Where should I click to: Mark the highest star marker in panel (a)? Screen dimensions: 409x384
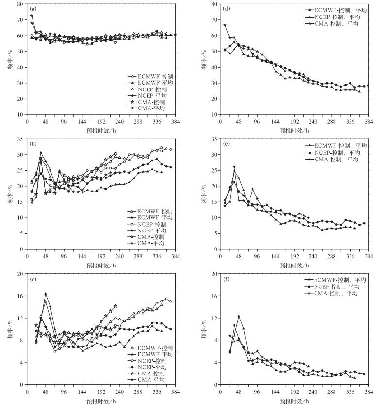pos(32,16)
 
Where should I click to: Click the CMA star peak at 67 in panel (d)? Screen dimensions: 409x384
pos(225,25)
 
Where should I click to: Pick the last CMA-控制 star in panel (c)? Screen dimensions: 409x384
pos(115,306)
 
